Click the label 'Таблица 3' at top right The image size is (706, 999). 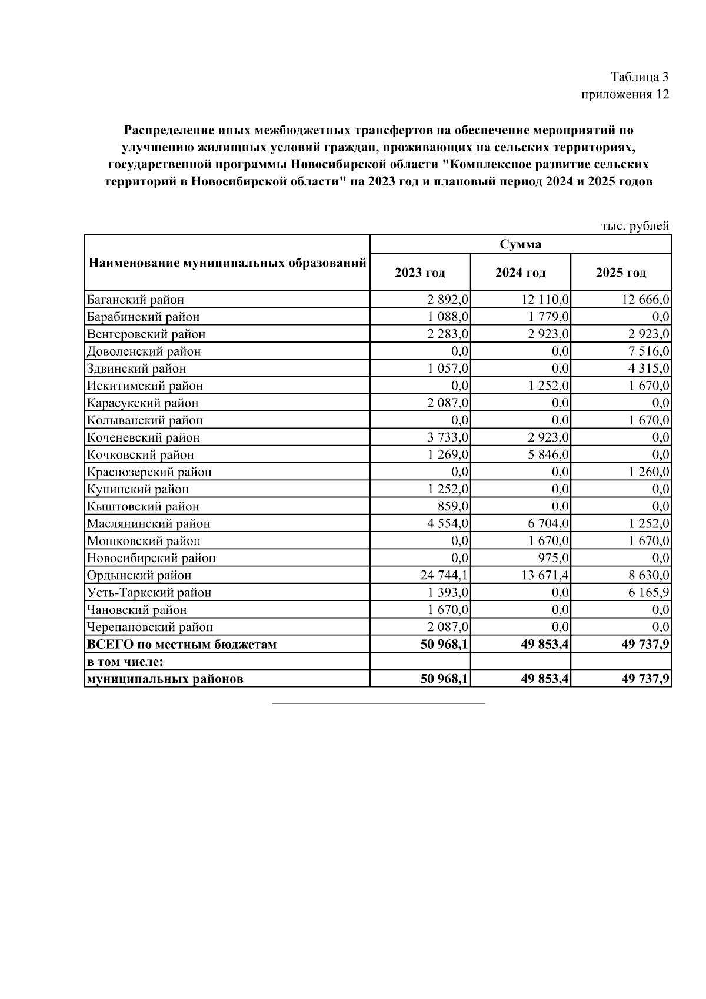pos(640,77)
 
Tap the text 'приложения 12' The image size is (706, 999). pos(625,95)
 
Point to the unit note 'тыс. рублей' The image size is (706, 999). pos(635,226)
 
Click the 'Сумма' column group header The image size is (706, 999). pos(520,244)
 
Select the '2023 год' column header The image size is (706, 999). pos(420,273)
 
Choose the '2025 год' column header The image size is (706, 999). pos(621,273)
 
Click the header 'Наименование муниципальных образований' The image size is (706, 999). pos(228,263)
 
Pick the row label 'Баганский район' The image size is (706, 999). pos(135,300)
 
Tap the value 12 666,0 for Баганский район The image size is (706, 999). pos(645,300)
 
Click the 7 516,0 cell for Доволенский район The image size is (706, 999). pos(650,351)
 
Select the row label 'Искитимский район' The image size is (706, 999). pos(145,386)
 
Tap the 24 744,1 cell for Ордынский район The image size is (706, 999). pos(444,575)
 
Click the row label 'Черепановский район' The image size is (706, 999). pos(150,627)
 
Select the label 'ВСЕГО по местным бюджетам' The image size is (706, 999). pos(181,645)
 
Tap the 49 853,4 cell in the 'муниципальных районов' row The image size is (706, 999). pos(545,679)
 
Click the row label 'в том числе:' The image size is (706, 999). pos(125,662)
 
